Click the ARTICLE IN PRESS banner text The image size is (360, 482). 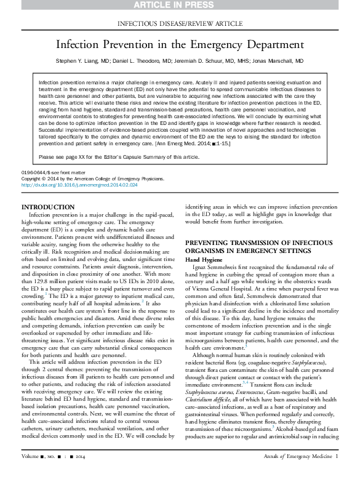(x=174, y=4)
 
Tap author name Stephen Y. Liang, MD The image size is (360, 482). (x=82, y=61)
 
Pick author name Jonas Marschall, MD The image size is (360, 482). (x=278, y=61)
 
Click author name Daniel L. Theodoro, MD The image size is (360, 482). (x=142, y=61)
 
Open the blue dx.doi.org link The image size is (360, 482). (x=79, y=185)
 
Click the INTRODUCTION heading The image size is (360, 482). (x=48, y=207)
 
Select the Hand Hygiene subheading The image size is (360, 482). (x=204, y=260)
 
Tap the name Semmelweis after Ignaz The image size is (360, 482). (x=225, y=267)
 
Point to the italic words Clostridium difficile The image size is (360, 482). (x=208, y=400)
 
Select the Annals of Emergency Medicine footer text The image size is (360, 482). (x=298, y=457)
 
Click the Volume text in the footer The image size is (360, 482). (x=30, y=457)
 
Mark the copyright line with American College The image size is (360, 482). (x=92, y=179)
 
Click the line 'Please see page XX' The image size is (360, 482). (x=119, y=157)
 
